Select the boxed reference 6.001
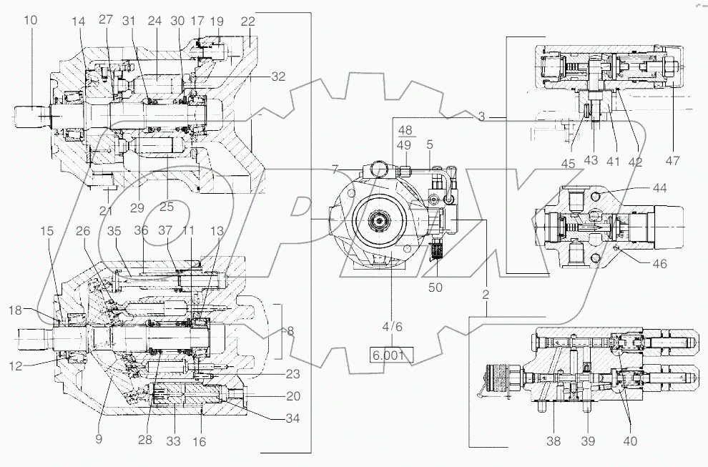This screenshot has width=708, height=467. point(390,354)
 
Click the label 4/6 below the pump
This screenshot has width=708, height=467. point(393,327)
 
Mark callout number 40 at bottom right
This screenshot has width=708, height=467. point(629,441)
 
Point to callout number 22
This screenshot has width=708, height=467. point(248,22)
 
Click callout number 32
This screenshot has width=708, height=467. point(278,76)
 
